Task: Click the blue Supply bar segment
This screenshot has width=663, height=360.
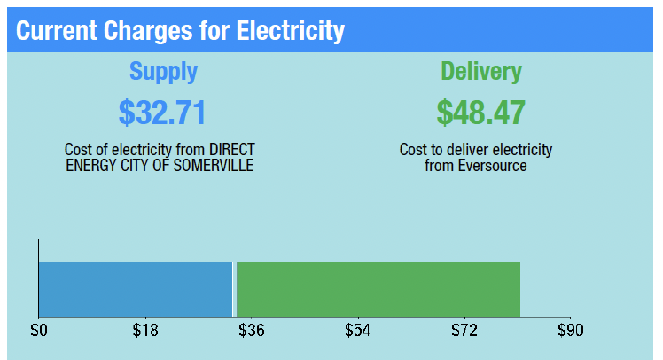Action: pyautogui.click(x=135, y=289)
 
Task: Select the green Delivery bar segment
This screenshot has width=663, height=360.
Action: pyautogui.click(x=378, y=289)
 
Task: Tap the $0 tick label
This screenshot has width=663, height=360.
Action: pyautogui.click(x=39, y=332)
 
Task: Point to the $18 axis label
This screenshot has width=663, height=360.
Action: pyautogui.click(x=145, y=332)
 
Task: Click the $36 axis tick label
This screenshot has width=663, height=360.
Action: pyautogui.click(x=251, y=332)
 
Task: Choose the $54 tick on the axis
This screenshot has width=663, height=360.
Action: pyautogui.click(x=357, y=332)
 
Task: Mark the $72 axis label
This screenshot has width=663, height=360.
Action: pyautogui.click(x=464, y=332)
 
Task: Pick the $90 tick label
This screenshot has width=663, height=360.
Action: pyautogui.click(x=570, y=332)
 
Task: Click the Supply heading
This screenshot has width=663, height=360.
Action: pyautogui.click(x=163, y=72)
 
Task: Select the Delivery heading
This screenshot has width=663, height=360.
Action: pyautogui.click(x=481, y=72)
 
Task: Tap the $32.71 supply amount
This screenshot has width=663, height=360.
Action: pyautogui.click(x=162, y=113)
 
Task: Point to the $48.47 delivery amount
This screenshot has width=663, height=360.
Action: pyautogui.click(x=480, y=113)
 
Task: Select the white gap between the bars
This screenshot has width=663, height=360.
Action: pyautogui.click(x=234, y=289)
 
